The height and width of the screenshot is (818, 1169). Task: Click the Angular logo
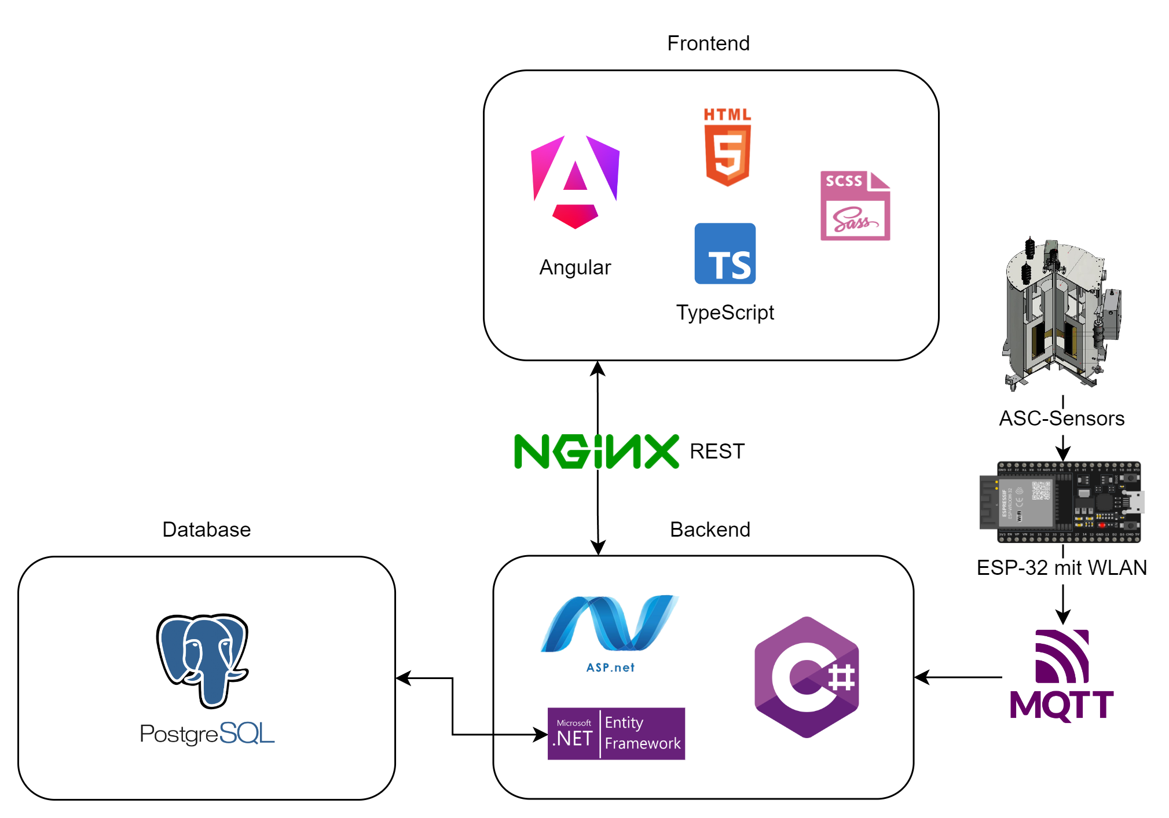click(x=575, y=182)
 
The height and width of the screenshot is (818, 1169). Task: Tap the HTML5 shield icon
click(x=727, y=147)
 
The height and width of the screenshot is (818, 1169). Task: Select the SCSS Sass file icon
click(x=855, y=206)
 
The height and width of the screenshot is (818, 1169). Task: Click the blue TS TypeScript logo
click(x=725, y=254)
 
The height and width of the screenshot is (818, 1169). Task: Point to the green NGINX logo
click(x=596, y=451)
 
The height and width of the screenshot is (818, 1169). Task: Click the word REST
click(x=717, y=451)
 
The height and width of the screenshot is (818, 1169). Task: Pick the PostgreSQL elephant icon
click(x=203, y=660)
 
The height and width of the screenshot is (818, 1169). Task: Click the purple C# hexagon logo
click(x=807, y=677)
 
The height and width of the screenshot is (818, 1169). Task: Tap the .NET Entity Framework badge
click(x=616, y=733)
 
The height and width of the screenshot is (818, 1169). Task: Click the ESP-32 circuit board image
click(x=1061, y=502)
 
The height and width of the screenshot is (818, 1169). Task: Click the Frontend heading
click(x=708, y=43)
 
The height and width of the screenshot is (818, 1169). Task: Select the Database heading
click(x=206, y=530)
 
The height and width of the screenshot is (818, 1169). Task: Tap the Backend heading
click(x=710, y=530)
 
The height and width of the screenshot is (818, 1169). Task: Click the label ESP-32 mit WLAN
click(x=1061, y=568)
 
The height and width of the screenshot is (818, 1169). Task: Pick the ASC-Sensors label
click(x=1061, y=418)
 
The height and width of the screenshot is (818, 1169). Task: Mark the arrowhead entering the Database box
click(x=403, y=678)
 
